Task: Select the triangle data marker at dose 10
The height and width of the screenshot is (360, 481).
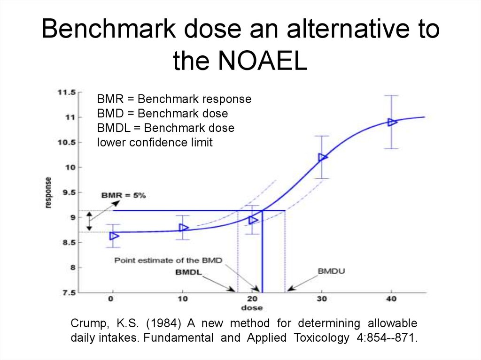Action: click(x=184, y=228)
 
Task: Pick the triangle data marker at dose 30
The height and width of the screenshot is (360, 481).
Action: click(x=323, y=157)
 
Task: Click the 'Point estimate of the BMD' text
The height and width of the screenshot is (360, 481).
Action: click(x=168, y=260)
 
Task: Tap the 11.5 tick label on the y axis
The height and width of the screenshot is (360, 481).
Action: click(x=66, y=92)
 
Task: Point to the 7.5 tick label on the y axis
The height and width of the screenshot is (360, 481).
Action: click(x=69, y=293)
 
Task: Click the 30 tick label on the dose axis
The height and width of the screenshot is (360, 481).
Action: click(x=321, y=299)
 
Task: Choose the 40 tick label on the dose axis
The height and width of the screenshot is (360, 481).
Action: click(x=391, y=299)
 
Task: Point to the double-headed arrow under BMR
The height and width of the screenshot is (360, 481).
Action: click(x=90, y=221)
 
